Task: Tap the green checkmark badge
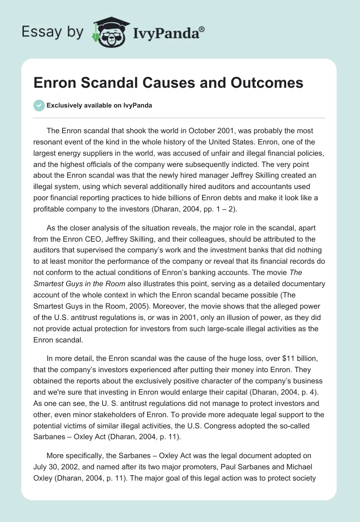(39, 105)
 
